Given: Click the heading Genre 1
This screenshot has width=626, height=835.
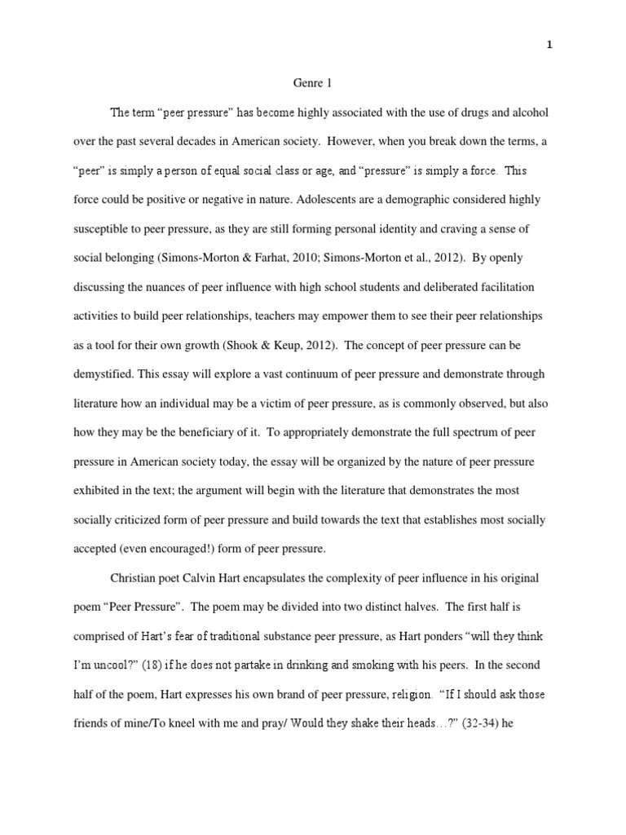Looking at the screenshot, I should pos(311,82).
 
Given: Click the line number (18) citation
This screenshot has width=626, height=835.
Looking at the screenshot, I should pos(155,665).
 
